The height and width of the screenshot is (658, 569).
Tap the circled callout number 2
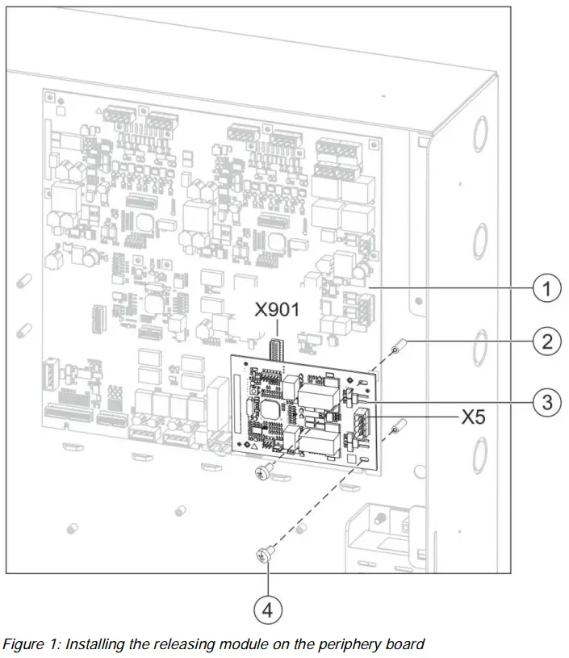(x=547, y=342)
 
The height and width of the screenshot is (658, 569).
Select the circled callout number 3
(x=547, y=402)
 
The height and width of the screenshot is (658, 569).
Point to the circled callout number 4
(x=266, y=607)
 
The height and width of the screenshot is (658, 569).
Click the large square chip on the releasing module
(x=270, y=409)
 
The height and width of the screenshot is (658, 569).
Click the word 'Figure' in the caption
(x=24, y=644)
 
